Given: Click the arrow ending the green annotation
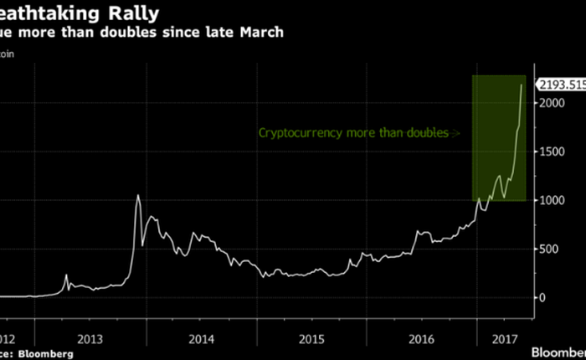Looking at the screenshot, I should click(x=456, y=132).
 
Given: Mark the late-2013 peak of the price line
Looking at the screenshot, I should click(x=137, y=196).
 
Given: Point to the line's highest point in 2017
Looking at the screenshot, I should click(x=522, y=85).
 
